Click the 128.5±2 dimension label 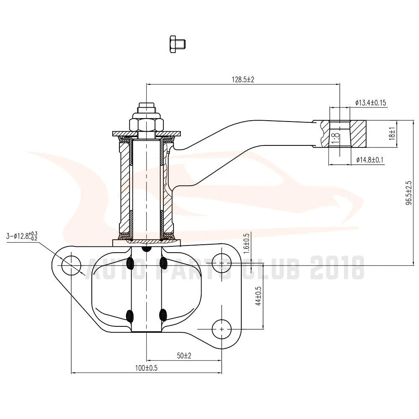(x=243, y=80)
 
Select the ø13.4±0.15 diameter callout (x=371, y=103)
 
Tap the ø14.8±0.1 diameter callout (x=370, y=160)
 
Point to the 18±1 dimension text (x=392, y=134)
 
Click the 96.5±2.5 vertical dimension (x=409, y=193)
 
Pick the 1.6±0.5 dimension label (x=246, y=241)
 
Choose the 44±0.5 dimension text (x=258, y=296)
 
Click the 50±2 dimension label (x=184, y=356)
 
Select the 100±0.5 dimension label (x=146, y=368)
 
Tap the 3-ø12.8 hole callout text (x=22, y=236)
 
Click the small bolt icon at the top (x=177, y=44)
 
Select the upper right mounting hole (x=222, y=263)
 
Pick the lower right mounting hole (x=222, y=329)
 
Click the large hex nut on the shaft (x=146, y=124)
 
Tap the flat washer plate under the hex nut (x=146, y=133)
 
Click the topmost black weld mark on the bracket (x=146, y=249)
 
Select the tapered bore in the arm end (x=340, y=134)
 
